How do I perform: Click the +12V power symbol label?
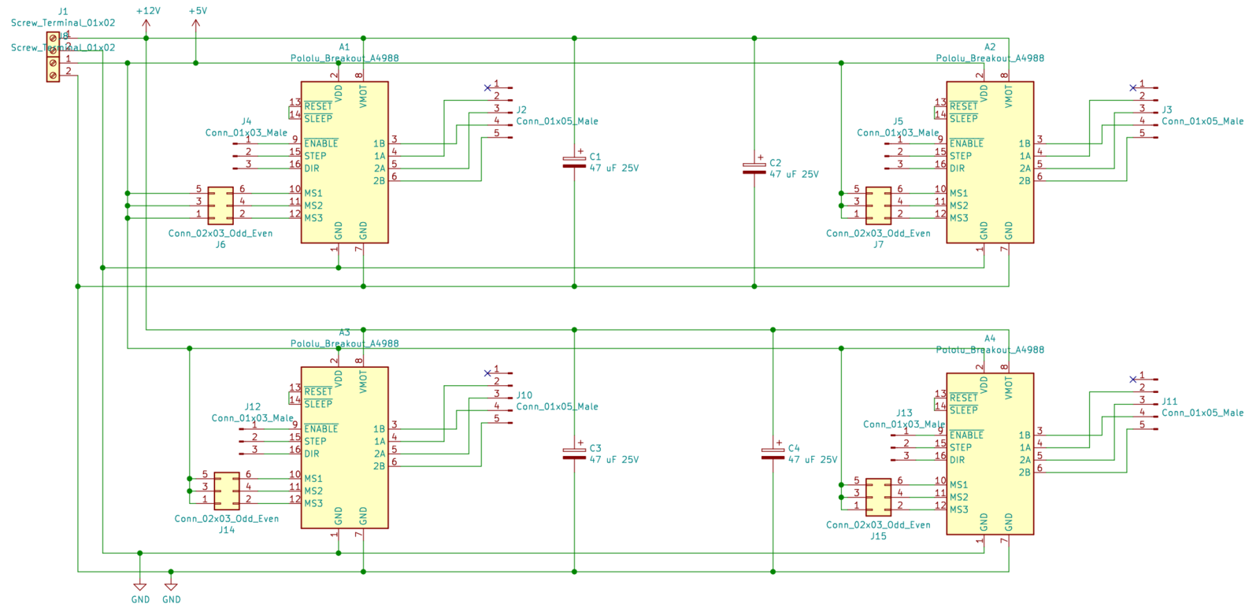pos(147,11)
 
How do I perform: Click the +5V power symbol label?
pos(198,11)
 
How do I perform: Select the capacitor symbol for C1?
pos(574,162)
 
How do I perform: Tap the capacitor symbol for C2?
pos(754,169)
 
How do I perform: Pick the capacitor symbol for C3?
pos(574,454)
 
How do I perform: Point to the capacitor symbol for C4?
pos(773,454)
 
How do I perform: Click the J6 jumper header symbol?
pos(220,206)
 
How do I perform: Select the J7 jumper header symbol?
pos(878,206)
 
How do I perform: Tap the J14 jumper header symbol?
pos(227,491)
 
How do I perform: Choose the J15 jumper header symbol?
pos(878,497)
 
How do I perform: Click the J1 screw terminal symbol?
pos(53,57)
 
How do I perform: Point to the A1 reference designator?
pos(344,47)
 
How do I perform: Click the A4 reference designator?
pos(990,339)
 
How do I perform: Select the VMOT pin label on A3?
pos(363,383)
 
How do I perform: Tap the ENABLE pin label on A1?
pos(321,143)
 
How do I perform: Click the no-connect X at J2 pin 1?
pos(487,87)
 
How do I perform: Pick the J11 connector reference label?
pos(1169,401)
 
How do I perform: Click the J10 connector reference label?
pos(524,395)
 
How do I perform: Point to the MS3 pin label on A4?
pos(958,509)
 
